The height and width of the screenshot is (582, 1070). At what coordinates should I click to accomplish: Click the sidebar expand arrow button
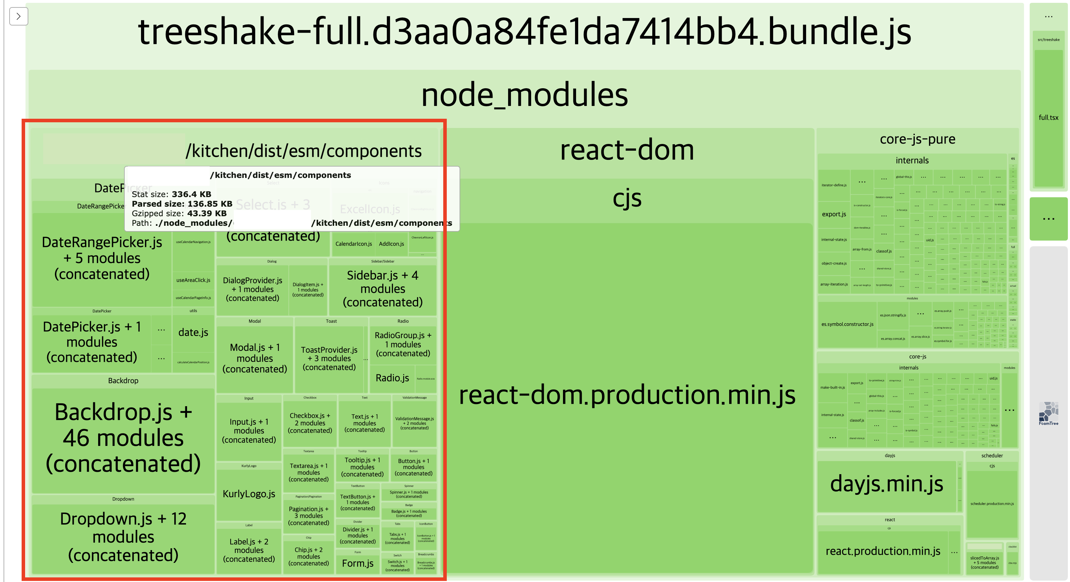pyautogui.click(x=18, y=16)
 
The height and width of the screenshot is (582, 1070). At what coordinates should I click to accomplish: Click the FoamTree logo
pyautogui.click(x=1048, y=413)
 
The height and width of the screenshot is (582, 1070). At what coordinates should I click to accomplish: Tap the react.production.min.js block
pyautogui.click(x=883, y=551)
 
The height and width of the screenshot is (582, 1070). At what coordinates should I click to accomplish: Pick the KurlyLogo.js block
pyautogui.click(x=249, y=494)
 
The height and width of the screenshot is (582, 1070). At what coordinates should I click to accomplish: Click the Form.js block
pyautogui.click(x=357, y=563)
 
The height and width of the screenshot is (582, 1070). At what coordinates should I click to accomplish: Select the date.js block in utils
pyautogui.click(x=193, y=332)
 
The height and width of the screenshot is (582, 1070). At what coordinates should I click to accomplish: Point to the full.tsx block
pyautogui.click(x=1048, y=118)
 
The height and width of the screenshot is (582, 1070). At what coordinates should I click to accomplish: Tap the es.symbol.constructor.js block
pyautogui.click(x=847, y=324)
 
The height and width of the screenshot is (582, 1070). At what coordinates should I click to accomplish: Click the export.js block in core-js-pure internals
pyautogui.click(x=834, y=214)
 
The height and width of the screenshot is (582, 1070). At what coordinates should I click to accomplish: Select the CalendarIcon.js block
pyautogui.click(x=354, y=244)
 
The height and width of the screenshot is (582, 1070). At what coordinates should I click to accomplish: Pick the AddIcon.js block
pyautogui.click(x=391, y=244)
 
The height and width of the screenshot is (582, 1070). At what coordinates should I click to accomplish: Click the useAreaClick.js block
pyautogui.click(x=193, y=280)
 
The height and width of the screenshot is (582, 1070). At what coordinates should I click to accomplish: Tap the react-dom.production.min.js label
pyautogui.click(x=627, y=394)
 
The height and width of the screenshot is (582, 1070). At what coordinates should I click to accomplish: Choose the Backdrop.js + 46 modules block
pyautogui.click(x=123, y=438)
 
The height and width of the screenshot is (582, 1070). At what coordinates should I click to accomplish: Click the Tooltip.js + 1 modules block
pyautogui.click(x=362, y=467)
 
